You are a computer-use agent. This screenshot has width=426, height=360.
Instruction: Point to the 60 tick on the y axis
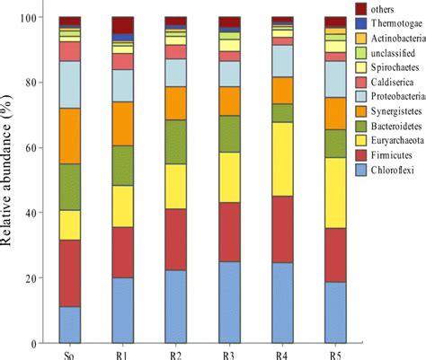(x=33, y=148)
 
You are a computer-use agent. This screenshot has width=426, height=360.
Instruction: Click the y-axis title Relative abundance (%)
(x=10, y=180)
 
